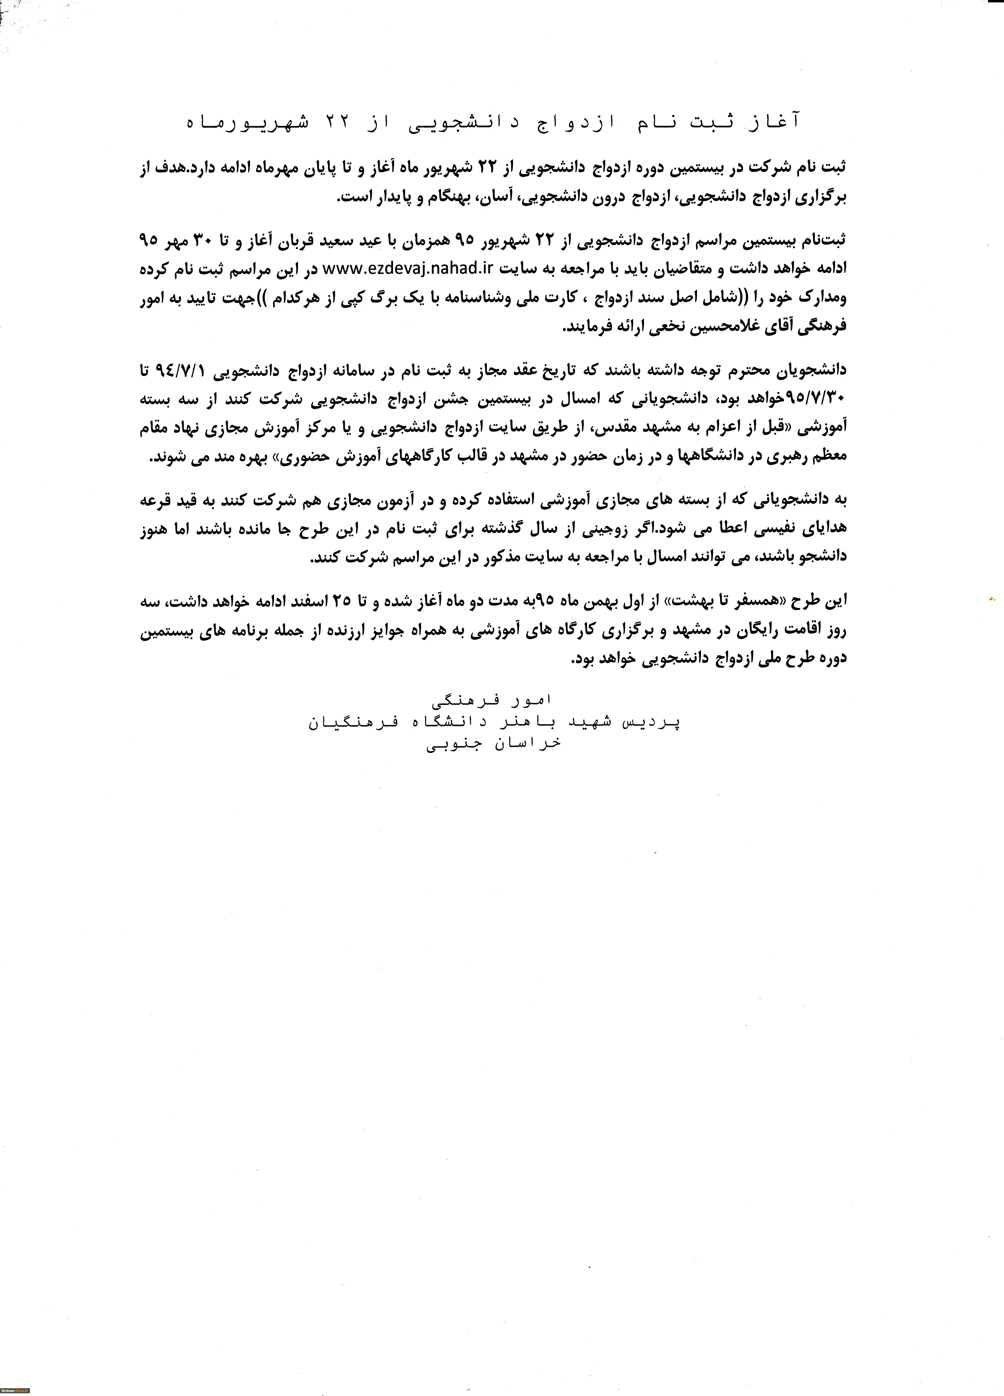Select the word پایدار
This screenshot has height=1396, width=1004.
tap(387, 198)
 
